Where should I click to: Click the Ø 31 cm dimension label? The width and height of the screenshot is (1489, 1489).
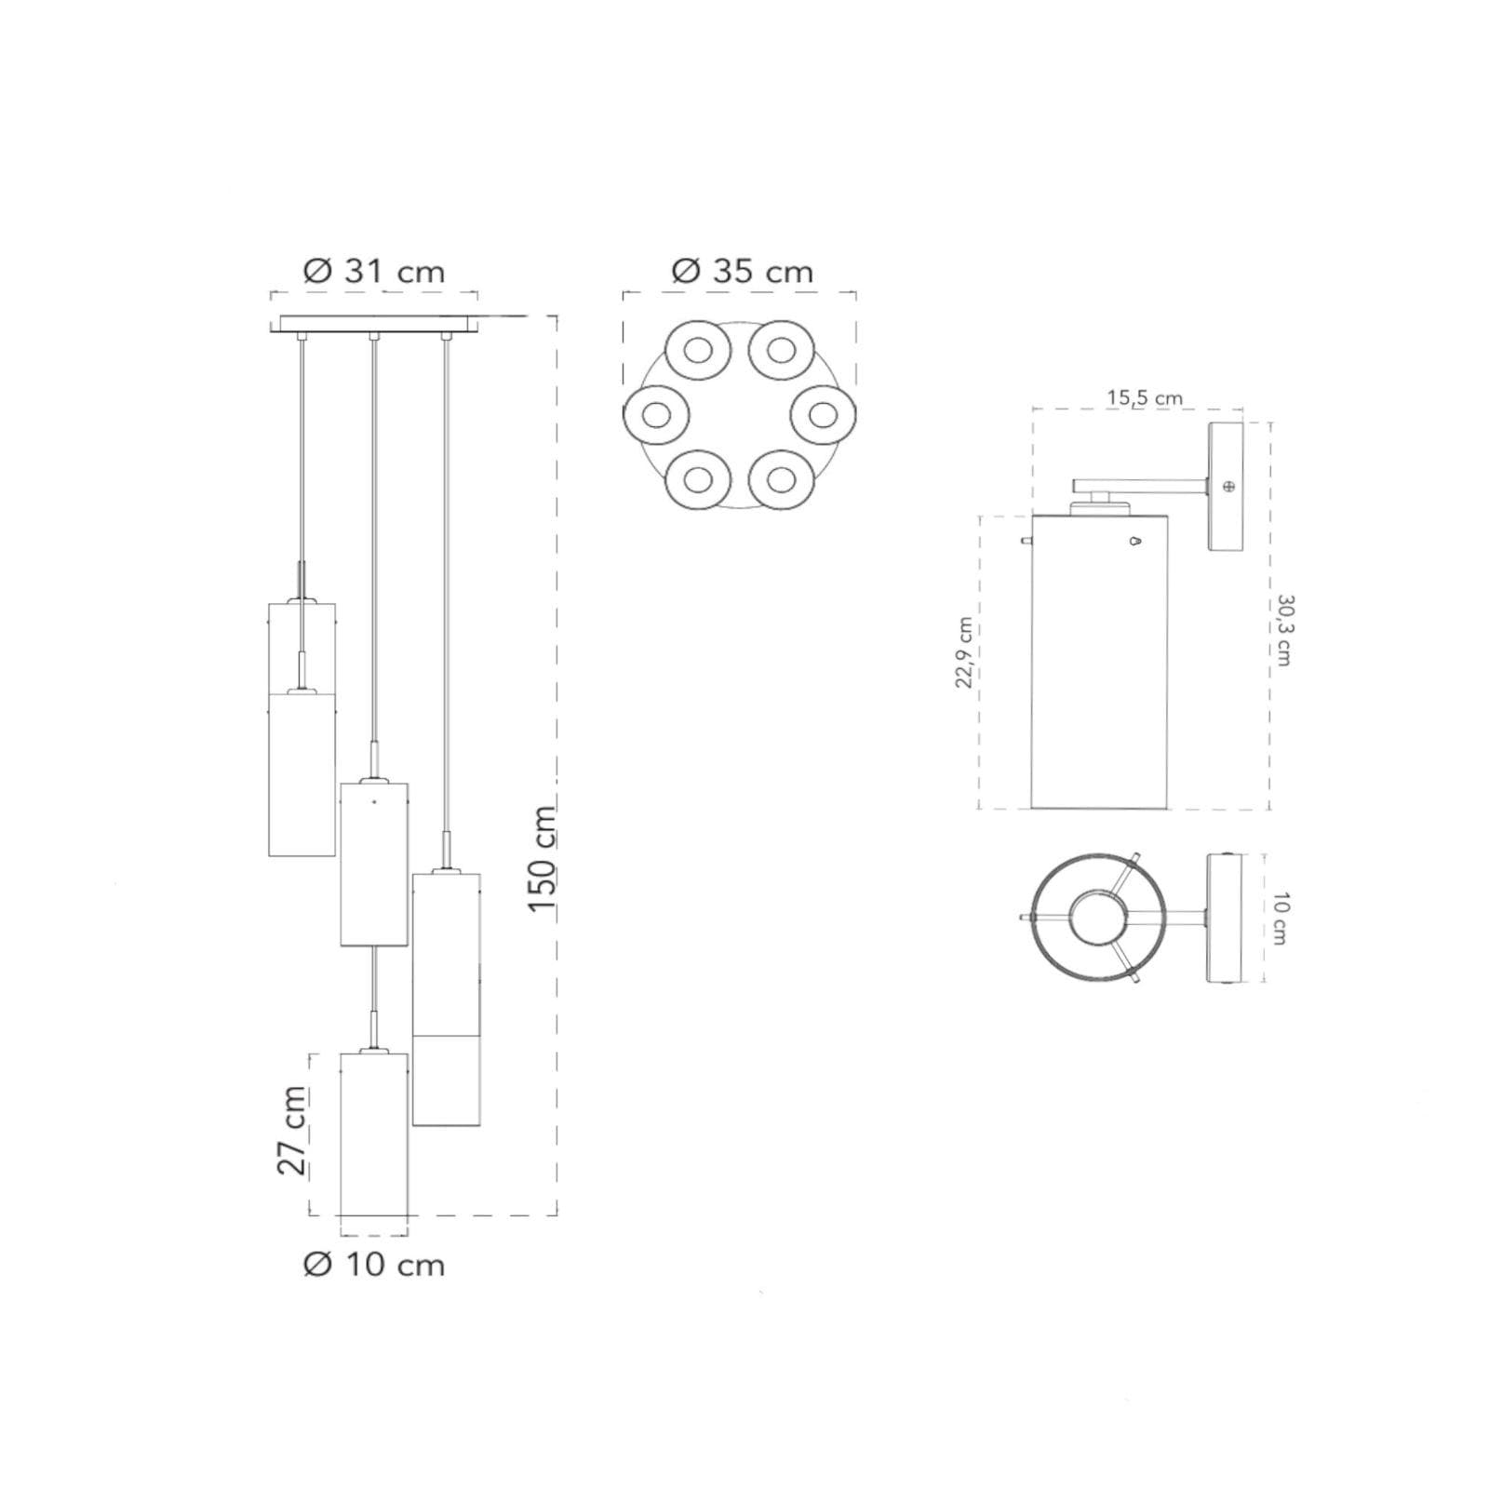tap(374, 271)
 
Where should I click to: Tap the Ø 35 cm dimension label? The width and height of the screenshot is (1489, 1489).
tap(742, 271)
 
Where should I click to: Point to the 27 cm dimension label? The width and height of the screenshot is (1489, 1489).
tap(292, 1131)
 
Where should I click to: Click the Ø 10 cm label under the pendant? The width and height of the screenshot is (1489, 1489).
tap(374, 1265)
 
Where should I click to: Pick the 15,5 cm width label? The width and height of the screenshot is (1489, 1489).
tap(1145, 398)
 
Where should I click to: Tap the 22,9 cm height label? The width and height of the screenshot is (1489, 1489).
tap(964, 653)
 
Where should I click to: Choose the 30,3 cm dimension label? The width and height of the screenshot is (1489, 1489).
tap(1284, 630)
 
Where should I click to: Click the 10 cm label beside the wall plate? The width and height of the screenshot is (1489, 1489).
tap(1279, 919)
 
